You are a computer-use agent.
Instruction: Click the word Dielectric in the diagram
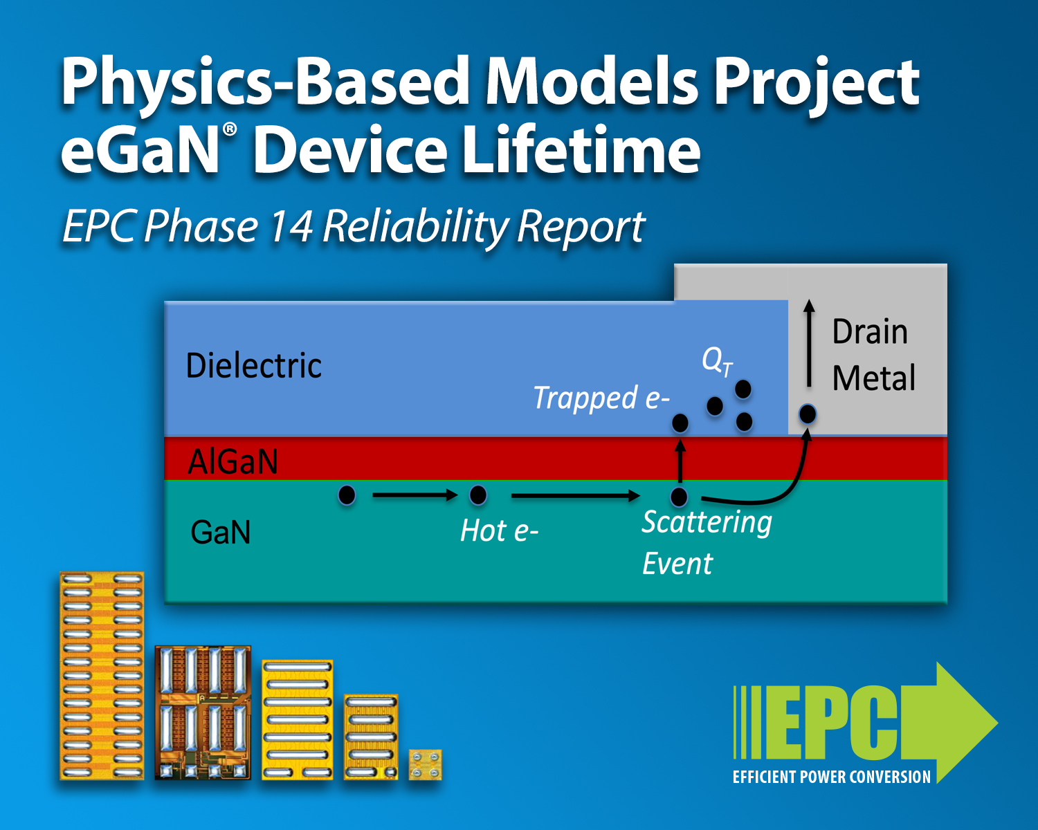254,365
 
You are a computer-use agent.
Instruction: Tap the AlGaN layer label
233,461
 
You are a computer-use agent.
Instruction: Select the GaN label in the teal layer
221,532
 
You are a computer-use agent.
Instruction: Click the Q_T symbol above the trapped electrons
717,362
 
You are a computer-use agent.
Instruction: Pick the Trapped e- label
601,398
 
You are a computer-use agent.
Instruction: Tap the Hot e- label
499,531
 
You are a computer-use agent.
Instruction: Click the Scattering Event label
707,542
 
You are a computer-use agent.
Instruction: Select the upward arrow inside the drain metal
810,343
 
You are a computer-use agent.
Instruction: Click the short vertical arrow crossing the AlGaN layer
680,461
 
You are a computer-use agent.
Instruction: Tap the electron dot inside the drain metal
808,414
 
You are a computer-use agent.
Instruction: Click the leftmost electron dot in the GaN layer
347,495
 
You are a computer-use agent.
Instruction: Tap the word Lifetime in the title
581,149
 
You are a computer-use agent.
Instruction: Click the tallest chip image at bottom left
102,675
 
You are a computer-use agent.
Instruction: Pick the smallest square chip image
426,764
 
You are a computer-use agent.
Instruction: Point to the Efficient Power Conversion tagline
832,777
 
